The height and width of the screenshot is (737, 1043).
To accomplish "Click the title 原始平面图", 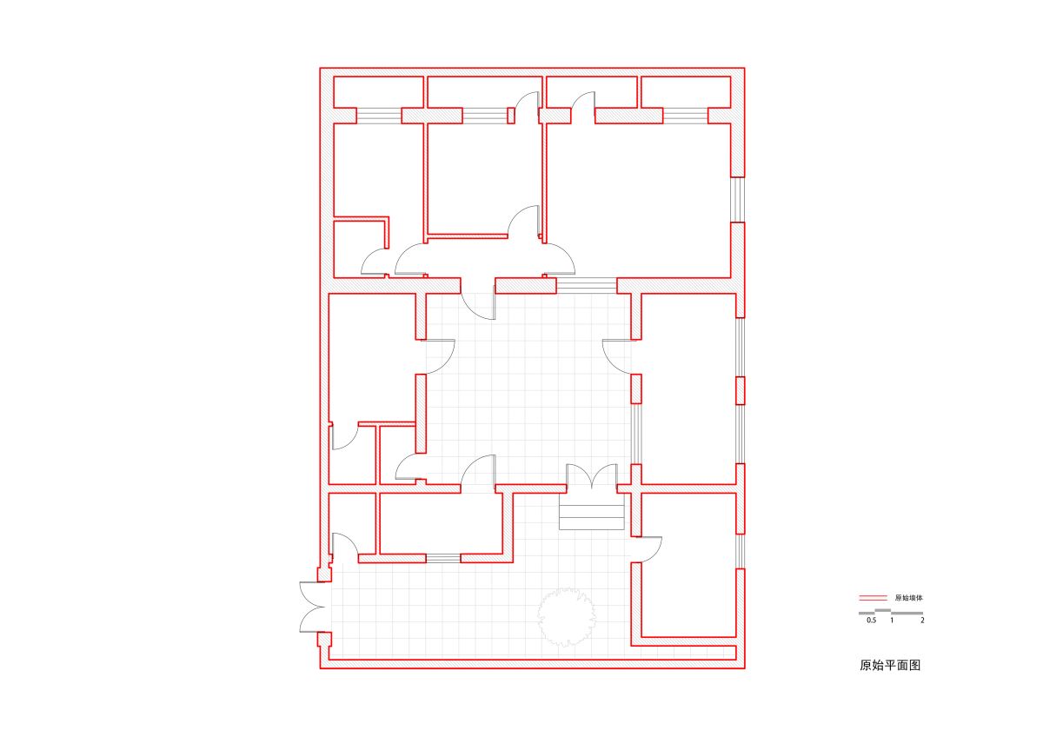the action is (x=890, y=665).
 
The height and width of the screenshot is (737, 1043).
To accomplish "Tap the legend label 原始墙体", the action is (x=908, y=598).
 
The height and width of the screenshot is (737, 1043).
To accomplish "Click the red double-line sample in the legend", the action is (x=873, y=598).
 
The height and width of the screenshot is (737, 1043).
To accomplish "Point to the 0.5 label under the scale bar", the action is (x=871, y=621).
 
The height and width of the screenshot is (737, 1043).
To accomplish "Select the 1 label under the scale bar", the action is (x=892, y=621).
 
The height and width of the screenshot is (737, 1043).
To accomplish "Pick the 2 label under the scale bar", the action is (x=922, y=621).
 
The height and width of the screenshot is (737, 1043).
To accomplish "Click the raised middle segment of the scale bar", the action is (x=883, y=610).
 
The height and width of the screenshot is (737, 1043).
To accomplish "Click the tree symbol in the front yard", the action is (x=566, y=617).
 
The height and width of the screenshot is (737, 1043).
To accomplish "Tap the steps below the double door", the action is (x=591, y=511).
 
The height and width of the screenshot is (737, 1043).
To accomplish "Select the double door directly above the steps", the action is (x=592, y=475).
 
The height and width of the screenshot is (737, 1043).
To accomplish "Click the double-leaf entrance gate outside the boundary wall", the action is (x=312, y=608).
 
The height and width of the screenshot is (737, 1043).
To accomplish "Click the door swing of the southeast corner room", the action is (x=648, y=550).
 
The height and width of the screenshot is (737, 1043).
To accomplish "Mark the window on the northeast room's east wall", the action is (x=738, y=200).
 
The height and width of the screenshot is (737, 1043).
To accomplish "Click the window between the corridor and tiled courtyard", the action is (x=587, y=285).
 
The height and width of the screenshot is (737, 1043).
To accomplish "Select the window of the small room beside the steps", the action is (x=443, y=558).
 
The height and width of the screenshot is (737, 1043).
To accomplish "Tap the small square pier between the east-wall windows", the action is (x=740, y=390).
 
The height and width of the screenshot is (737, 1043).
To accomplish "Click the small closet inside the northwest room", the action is (x=362, y=248).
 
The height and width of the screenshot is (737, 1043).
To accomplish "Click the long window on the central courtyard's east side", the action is (x=636, y=434).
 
